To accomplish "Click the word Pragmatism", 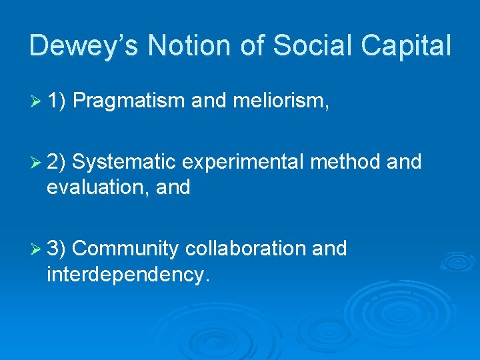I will pos(129,101).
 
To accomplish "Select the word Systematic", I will pos(124,162).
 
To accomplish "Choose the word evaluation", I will pos(91,188).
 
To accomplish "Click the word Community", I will pos(125,249).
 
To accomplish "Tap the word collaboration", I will pos(245,249).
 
